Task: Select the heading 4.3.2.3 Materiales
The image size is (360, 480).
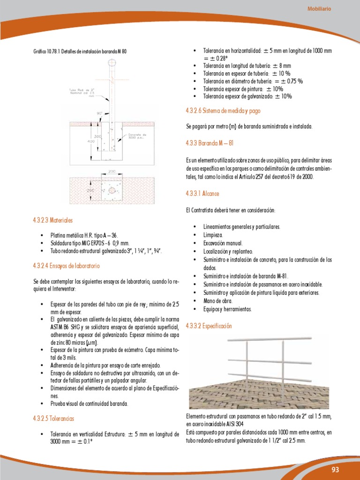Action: (x=53, y=220)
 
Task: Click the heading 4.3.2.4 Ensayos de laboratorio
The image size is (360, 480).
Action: (x=67, y=266)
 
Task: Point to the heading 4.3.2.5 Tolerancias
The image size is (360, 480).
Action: (x=54, y=418)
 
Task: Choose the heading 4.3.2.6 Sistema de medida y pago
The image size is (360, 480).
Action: (x=223, y=111)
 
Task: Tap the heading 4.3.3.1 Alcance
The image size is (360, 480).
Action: (x=202, y=193)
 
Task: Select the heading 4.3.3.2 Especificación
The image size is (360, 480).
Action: (x=209, y=325)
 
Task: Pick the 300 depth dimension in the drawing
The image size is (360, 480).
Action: (x=97, y=136)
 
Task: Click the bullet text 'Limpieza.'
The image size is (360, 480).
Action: (x=213, y=235)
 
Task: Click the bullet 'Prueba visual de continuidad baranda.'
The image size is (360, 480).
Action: (x=89, y=403)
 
